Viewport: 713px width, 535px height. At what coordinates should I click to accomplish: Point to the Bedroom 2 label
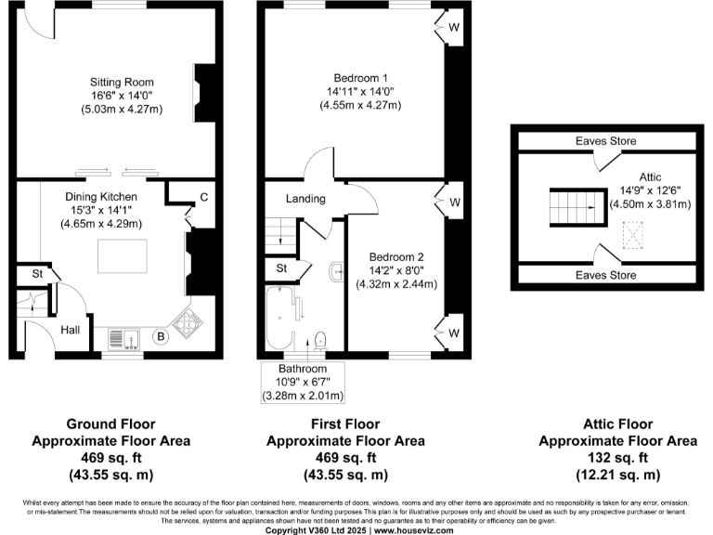pos(396,256)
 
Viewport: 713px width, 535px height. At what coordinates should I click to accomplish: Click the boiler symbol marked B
pos(161,336)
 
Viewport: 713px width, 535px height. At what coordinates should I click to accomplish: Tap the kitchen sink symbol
pos(123,337)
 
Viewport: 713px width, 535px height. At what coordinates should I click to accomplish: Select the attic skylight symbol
pos(634,236)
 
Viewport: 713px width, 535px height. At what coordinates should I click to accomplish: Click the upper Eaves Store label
pos(604,141)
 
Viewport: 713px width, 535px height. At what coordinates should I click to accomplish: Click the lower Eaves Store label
pos(604,276)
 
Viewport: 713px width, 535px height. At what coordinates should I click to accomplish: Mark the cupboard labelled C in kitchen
pos(202,197)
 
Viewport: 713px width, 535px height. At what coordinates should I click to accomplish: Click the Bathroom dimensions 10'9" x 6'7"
pos(303,382)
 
